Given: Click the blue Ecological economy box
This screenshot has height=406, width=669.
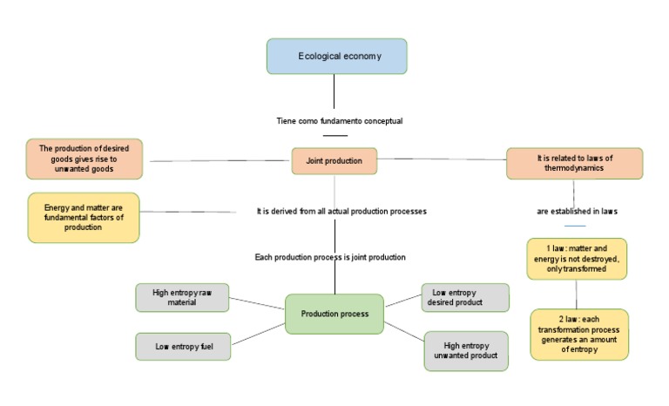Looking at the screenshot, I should (336, 56).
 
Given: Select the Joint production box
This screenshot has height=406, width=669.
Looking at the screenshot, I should (334, 160).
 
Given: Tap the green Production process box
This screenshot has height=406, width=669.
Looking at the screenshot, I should (334, 314).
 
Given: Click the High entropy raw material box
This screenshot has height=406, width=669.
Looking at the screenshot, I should (182, 297).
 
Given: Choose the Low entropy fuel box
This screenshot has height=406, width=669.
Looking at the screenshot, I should (183, 346).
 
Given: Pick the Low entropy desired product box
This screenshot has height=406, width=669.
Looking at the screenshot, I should (464, 297).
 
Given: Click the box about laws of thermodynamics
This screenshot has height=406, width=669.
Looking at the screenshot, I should (574, 163).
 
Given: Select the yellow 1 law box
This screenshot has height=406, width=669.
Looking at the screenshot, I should (576, 258).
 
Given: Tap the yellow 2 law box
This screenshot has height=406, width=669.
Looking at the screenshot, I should (578, 335).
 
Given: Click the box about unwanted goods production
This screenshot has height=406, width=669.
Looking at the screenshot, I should (83, 159).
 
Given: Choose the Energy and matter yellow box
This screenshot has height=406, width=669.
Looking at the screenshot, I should (83, 217).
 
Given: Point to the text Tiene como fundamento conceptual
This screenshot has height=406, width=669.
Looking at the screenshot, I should (334, 120).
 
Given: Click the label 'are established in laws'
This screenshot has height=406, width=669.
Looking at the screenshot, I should (577, 211).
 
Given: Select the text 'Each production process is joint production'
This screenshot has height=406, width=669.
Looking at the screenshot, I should (330, 257).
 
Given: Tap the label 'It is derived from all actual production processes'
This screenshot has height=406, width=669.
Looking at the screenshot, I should (341, 211).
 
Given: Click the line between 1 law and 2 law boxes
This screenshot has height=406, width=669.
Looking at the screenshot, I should (577, 294).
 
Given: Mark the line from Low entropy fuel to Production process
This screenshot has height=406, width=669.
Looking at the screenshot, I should (258, 335).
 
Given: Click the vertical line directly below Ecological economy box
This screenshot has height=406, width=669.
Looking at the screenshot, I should (334, 91).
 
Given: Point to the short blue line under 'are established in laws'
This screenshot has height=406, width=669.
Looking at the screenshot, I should (576, 226).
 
